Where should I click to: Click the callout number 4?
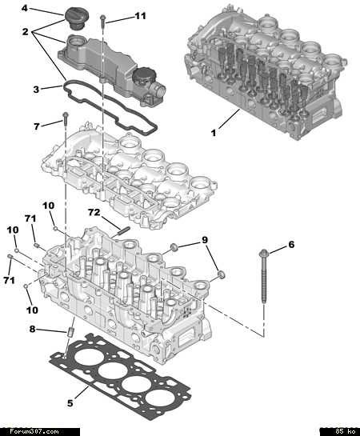pyautogui.click(x=25, y=8)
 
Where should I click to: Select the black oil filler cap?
pyautogui.click(x=74, y=18)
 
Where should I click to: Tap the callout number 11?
pyautogui.click(x=140, y=16)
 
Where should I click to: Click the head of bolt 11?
pyautogui.click(x=102, y=18)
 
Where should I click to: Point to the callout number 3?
pyautogui.click(x=36, y=90)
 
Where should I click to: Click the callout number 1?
pyautogui.click(x=214, y=133)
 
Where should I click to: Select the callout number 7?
pyautogui.click(x=37, y=126)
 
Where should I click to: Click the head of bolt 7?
pyautogui.click(x=66, y=114)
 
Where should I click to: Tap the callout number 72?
pyautogui.click(x=94, y=213)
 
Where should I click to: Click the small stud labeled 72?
pyautogui.click(x=124, y=230)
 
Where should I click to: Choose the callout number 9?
pyautogui.click(x=205, y=240)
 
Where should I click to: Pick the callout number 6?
pyautogui.click(x=291, y=245)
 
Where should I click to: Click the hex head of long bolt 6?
pyautogui.click(x=263, y=253)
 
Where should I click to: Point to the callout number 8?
pyautogui.click(x=33, y=330)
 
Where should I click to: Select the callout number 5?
pyautogui.click(x=70, y=403)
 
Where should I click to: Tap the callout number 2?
pyautogui.click(x=26, y=32)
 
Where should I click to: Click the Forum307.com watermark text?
pyautogui.click(x=34, y=431)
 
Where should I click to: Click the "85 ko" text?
pyautogui.click(x=345, y=431)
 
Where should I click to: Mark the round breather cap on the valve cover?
pyautogui.click(x=142, y=76)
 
